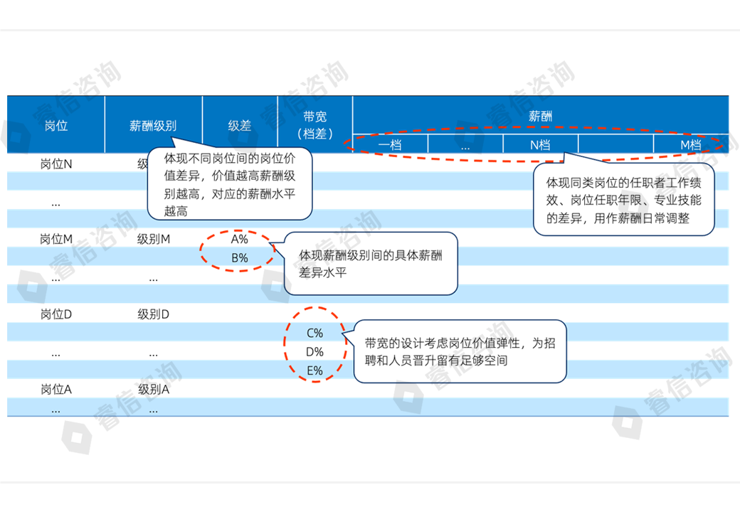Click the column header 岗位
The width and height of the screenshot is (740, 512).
[x=56, y=125]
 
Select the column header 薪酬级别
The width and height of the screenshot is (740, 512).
[x=153, y=125]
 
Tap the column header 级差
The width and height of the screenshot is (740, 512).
[x=240, y=125]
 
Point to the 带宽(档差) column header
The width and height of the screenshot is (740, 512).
[x=314, y=124]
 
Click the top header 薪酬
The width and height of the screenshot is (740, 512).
[x=541, y=116]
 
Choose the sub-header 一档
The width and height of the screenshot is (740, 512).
[x=391, y=145]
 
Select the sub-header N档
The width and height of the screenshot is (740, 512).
[x=541, y=145]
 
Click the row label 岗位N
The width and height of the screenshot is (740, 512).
[x=56, y=164]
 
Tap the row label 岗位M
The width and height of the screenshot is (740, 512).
[x=56, y=240]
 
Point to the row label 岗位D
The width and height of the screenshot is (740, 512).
[x=56, y=314]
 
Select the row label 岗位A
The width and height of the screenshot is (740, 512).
[x=56, y=390]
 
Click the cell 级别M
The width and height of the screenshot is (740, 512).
[x=154, y=240]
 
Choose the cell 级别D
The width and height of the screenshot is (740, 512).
[x=154, y=314]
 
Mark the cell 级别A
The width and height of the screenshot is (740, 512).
[x=154, y=390]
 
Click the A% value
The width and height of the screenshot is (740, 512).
[x=240, y=240]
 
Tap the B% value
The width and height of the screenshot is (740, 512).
[x=240, y=258]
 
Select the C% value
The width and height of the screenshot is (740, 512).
[x=314, y=333]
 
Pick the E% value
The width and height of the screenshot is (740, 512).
[x=314, y=370]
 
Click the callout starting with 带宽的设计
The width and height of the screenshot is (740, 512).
[x=460, y=352]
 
